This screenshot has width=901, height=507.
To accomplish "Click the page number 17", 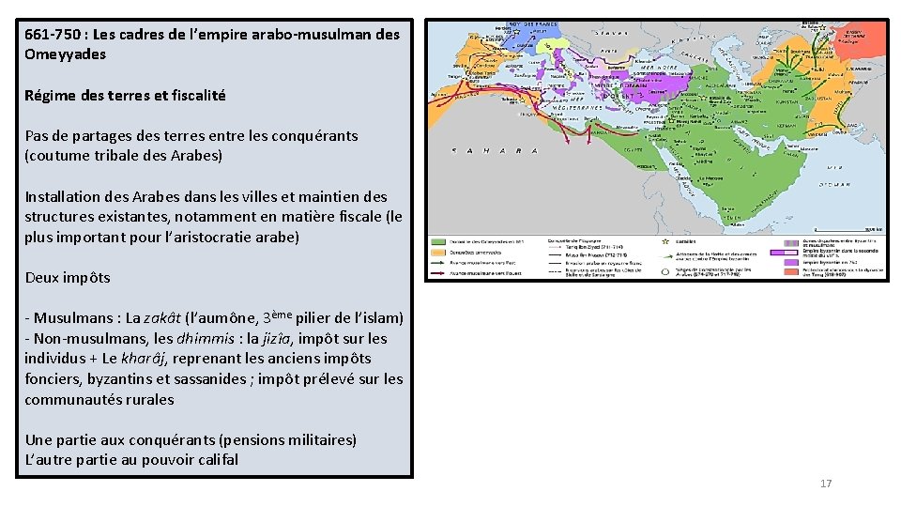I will (826, 484).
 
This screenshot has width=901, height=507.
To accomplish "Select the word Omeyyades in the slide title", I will (66, 54).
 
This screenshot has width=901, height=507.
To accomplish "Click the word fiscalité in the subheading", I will (191, 95).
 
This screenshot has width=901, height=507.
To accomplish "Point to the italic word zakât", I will (163, 318).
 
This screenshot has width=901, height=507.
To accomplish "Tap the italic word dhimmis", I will (176, 338).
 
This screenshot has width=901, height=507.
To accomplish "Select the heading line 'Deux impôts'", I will (68, 277).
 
